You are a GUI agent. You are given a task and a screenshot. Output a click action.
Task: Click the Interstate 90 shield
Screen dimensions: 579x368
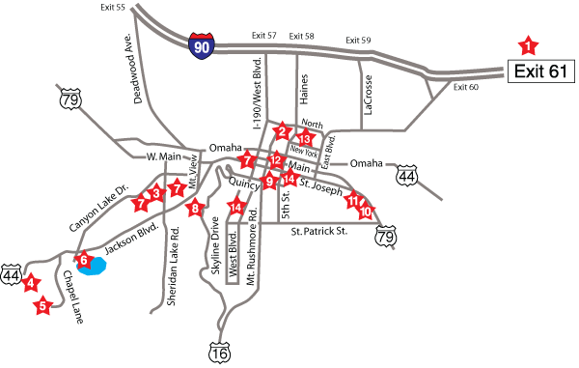[202, 45]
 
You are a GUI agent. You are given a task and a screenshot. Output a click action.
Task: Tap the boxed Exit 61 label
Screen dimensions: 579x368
[541, 71]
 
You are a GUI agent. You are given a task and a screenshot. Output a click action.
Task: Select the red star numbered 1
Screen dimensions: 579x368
[528, 43]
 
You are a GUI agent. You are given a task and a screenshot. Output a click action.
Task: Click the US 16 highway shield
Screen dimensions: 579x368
[221, 354]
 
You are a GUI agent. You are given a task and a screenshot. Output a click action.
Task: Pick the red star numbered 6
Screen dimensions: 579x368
[83, 258]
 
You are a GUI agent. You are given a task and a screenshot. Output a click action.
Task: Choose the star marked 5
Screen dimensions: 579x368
[42, 307]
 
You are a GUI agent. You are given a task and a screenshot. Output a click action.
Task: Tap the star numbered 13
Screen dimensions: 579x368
[305, 139]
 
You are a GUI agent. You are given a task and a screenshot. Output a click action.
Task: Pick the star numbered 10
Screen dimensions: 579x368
[366, 211]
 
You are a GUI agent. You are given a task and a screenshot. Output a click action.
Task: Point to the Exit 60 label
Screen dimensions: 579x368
[466, 88]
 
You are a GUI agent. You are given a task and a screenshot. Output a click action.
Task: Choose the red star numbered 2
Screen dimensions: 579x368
[282, 130]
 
